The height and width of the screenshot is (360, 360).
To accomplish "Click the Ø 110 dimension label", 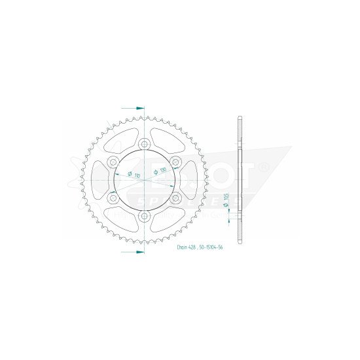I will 129,175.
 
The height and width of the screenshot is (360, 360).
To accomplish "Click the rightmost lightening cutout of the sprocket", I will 189,180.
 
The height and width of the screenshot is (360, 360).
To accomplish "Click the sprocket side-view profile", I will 241,180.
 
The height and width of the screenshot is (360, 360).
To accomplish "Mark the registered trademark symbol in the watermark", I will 263,168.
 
